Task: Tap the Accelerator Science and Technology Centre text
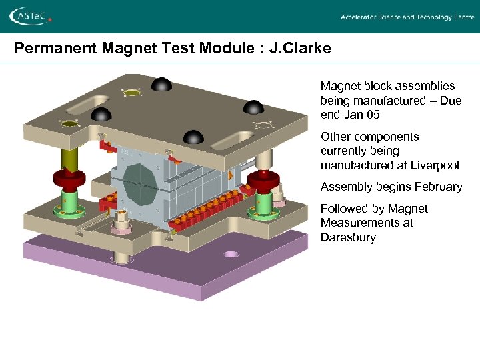407,17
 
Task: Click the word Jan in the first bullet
353,115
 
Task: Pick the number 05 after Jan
373,115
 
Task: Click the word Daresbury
348,237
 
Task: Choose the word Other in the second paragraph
335,137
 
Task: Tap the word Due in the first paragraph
448,101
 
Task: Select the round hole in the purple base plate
231,254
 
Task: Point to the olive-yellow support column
69,159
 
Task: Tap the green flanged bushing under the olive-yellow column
69,201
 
